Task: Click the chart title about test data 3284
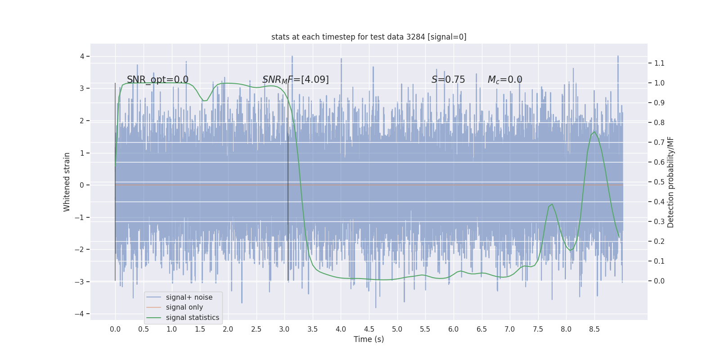(369, 37)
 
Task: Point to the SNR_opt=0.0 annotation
(157, 80)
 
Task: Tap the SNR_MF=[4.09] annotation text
(295, 80)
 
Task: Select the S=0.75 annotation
(448, 80)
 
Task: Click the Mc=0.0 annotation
(504, 80)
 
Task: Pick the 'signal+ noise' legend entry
(189, 297)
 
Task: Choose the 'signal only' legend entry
(184, 307)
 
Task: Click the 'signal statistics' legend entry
(192, 318)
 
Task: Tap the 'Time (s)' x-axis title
(369, 339)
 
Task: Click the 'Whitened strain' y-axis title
(67, 182)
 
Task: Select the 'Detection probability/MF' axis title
(670, 182)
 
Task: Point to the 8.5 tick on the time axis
(594, 329)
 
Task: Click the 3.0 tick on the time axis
(284, 329)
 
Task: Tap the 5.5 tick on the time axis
(425, 329)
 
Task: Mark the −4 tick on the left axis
(81, 314)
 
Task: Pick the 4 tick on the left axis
(82, 56)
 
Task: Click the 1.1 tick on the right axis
(659, 63)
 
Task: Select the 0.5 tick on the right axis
(659, 182)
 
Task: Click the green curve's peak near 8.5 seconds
(594, 131)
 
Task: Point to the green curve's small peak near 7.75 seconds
(552, 204)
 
